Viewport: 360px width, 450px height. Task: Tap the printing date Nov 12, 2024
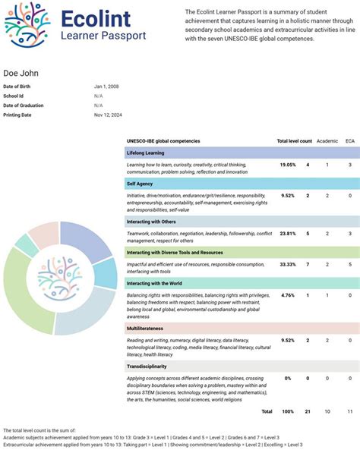(108, 115)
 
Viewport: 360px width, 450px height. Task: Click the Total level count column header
(293, 141)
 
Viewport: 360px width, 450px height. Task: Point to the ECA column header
(349, 141)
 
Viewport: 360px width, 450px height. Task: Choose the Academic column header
(327, 141)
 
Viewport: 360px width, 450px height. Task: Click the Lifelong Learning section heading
(145, 153)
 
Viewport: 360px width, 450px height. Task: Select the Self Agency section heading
(139, 183)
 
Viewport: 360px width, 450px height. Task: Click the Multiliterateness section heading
(147, 329)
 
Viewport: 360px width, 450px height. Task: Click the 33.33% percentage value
(288, 264)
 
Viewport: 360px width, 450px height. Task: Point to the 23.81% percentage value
(288, 234)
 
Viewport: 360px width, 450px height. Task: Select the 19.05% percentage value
(288, 165)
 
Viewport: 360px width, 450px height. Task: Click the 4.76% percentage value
(288, 294)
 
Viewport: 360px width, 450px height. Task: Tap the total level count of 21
(307, 411)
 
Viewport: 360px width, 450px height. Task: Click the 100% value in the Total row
(288, 411)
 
